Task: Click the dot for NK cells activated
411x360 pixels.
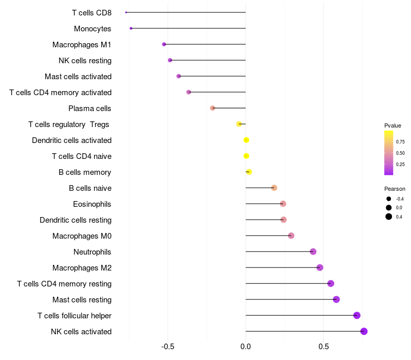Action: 364,331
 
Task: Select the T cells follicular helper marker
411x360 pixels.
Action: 357,315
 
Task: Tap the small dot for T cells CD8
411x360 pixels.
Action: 126,12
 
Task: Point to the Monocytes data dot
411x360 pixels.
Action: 131,28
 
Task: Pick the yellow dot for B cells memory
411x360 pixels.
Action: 249,172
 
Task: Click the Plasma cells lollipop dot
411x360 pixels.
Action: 213,108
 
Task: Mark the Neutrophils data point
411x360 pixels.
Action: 313,251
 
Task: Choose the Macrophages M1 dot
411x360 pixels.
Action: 164,44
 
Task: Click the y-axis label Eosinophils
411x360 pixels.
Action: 92,204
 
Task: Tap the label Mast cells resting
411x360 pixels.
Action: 82,300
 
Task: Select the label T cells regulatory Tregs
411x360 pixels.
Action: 69,124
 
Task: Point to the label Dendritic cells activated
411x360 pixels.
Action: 71,140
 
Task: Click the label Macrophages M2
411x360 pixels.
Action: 82,268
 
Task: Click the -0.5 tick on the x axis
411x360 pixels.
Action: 167,347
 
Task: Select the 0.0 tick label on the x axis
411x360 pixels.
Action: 246,347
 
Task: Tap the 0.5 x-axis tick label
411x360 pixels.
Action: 324,347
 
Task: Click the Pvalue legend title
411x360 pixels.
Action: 393,125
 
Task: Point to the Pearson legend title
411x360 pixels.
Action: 395,189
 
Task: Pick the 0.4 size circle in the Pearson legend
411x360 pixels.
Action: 388,217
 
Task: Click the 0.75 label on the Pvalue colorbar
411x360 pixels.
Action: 400,141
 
